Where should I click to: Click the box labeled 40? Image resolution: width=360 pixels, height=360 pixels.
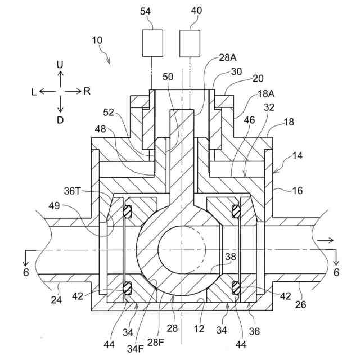(x=190, y=43)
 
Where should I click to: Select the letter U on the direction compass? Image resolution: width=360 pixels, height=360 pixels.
(x=60, y=65)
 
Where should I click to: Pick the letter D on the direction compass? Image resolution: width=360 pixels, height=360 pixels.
(x=60, y=120)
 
